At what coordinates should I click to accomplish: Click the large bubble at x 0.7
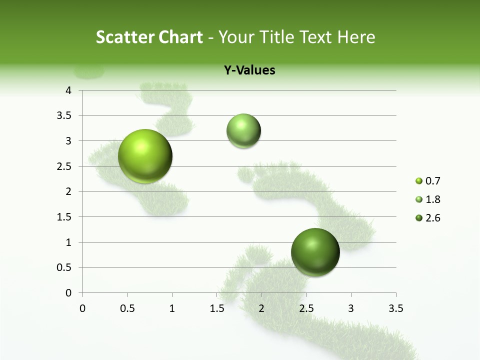click(x=145, y=156)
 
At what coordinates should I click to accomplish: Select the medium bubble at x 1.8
click(x=243, y=130)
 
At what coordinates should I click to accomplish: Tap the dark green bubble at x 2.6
click(x=315, y=252)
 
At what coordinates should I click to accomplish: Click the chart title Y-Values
click(x=249, y=70)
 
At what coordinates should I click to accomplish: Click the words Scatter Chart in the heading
click(x=149, y=37)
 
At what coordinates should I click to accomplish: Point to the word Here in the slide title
click(x=356, y=37)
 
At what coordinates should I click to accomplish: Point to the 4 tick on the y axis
click(x=68, y=90)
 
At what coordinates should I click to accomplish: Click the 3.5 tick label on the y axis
click(x=65, y=116)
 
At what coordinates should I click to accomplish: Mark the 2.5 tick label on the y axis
click(x=65, y=166)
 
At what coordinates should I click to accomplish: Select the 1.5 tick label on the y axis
click(x=65, y=217)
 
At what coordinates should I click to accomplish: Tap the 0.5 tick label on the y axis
click(x=65, y=267)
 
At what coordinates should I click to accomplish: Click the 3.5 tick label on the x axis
click(x=395, y=308)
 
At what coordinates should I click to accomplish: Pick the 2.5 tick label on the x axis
click(x=306, y=308)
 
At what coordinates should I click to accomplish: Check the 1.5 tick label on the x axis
click(x=216, y=308)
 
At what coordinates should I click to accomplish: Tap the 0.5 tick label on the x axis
click(x=127, y=308)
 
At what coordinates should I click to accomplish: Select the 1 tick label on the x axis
click(x=172, y=308)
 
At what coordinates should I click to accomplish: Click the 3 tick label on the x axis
click(x=351, y=308)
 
